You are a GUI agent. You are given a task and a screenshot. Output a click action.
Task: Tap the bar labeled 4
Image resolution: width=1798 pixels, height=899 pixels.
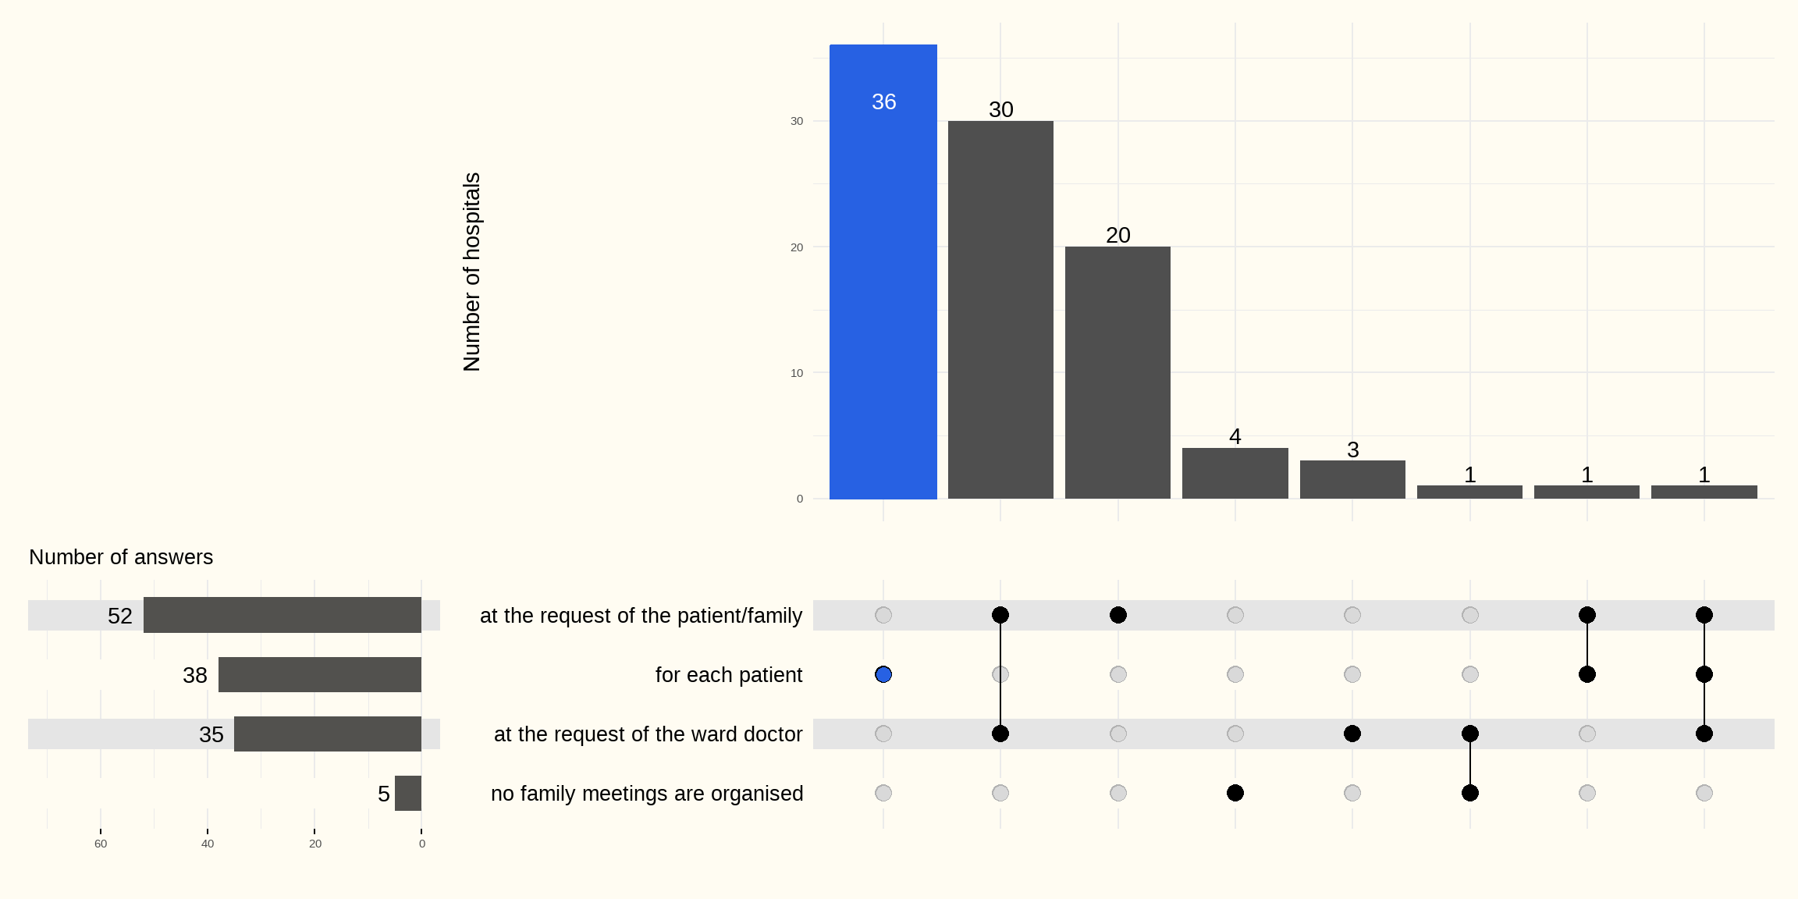tap(1235, 473)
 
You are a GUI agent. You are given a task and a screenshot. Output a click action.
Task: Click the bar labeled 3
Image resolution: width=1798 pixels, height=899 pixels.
tap(1352, 479)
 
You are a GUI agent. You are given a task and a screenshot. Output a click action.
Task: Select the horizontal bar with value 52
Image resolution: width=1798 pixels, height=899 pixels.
tap(282, 615)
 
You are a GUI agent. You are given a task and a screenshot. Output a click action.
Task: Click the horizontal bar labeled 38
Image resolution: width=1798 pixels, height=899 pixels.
tap(319, 674)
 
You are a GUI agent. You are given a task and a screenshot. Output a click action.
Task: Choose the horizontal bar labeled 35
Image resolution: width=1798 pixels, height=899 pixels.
tap(327, 734)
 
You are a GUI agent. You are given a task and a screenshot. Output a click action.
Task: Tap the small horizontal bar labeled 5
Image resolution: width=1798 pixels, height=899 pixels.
tap(407, 793)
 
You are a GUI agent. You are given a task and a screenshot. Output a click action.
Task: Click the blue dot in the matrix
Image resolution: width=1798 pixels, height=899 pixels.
tap(883, 674)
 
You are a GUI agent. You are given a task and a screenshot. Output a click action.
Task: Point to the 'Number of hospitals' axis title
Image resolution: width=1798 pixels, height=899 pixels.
tap(472, 272)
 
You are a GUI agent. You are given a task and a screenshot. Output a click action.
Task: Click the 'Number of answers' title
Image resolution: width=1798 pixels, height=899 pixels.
tap(121, 557)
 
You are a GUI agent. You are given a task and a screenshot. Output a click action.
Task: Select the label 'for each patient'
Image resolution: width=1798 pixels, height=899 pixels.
tap(728, 675)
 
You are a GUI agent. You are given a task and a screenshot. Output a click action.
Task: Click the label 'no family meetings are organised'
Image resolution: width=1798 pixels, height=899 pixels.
tap(647, 794)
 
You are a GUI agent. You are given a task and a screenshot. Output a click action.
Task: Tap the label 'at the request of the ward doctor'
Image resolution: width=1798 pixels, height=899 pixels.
tap(648, 734)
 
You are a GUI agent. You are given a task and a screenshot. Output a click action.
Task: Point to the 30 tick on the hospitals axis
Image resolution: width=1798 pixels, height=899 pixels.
tap(797, 121)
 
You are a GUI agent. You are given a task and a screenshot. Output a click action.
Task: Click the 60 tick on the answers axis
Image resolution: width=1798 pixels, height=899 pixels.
tap(101, 844)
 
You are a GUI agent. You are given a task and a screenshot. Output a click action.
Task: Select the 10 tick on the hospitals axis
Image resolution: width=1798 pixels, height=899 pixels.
tap(797, 373)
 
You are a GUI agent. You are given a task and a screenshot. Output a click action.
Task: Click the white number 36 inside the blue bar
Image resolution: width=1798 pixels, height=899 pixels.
tap(883, 101)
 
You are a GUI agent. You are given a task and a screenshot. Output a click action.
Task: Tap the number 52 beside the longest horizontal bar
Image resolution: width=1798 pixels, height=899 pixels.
tap(120, 616)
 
